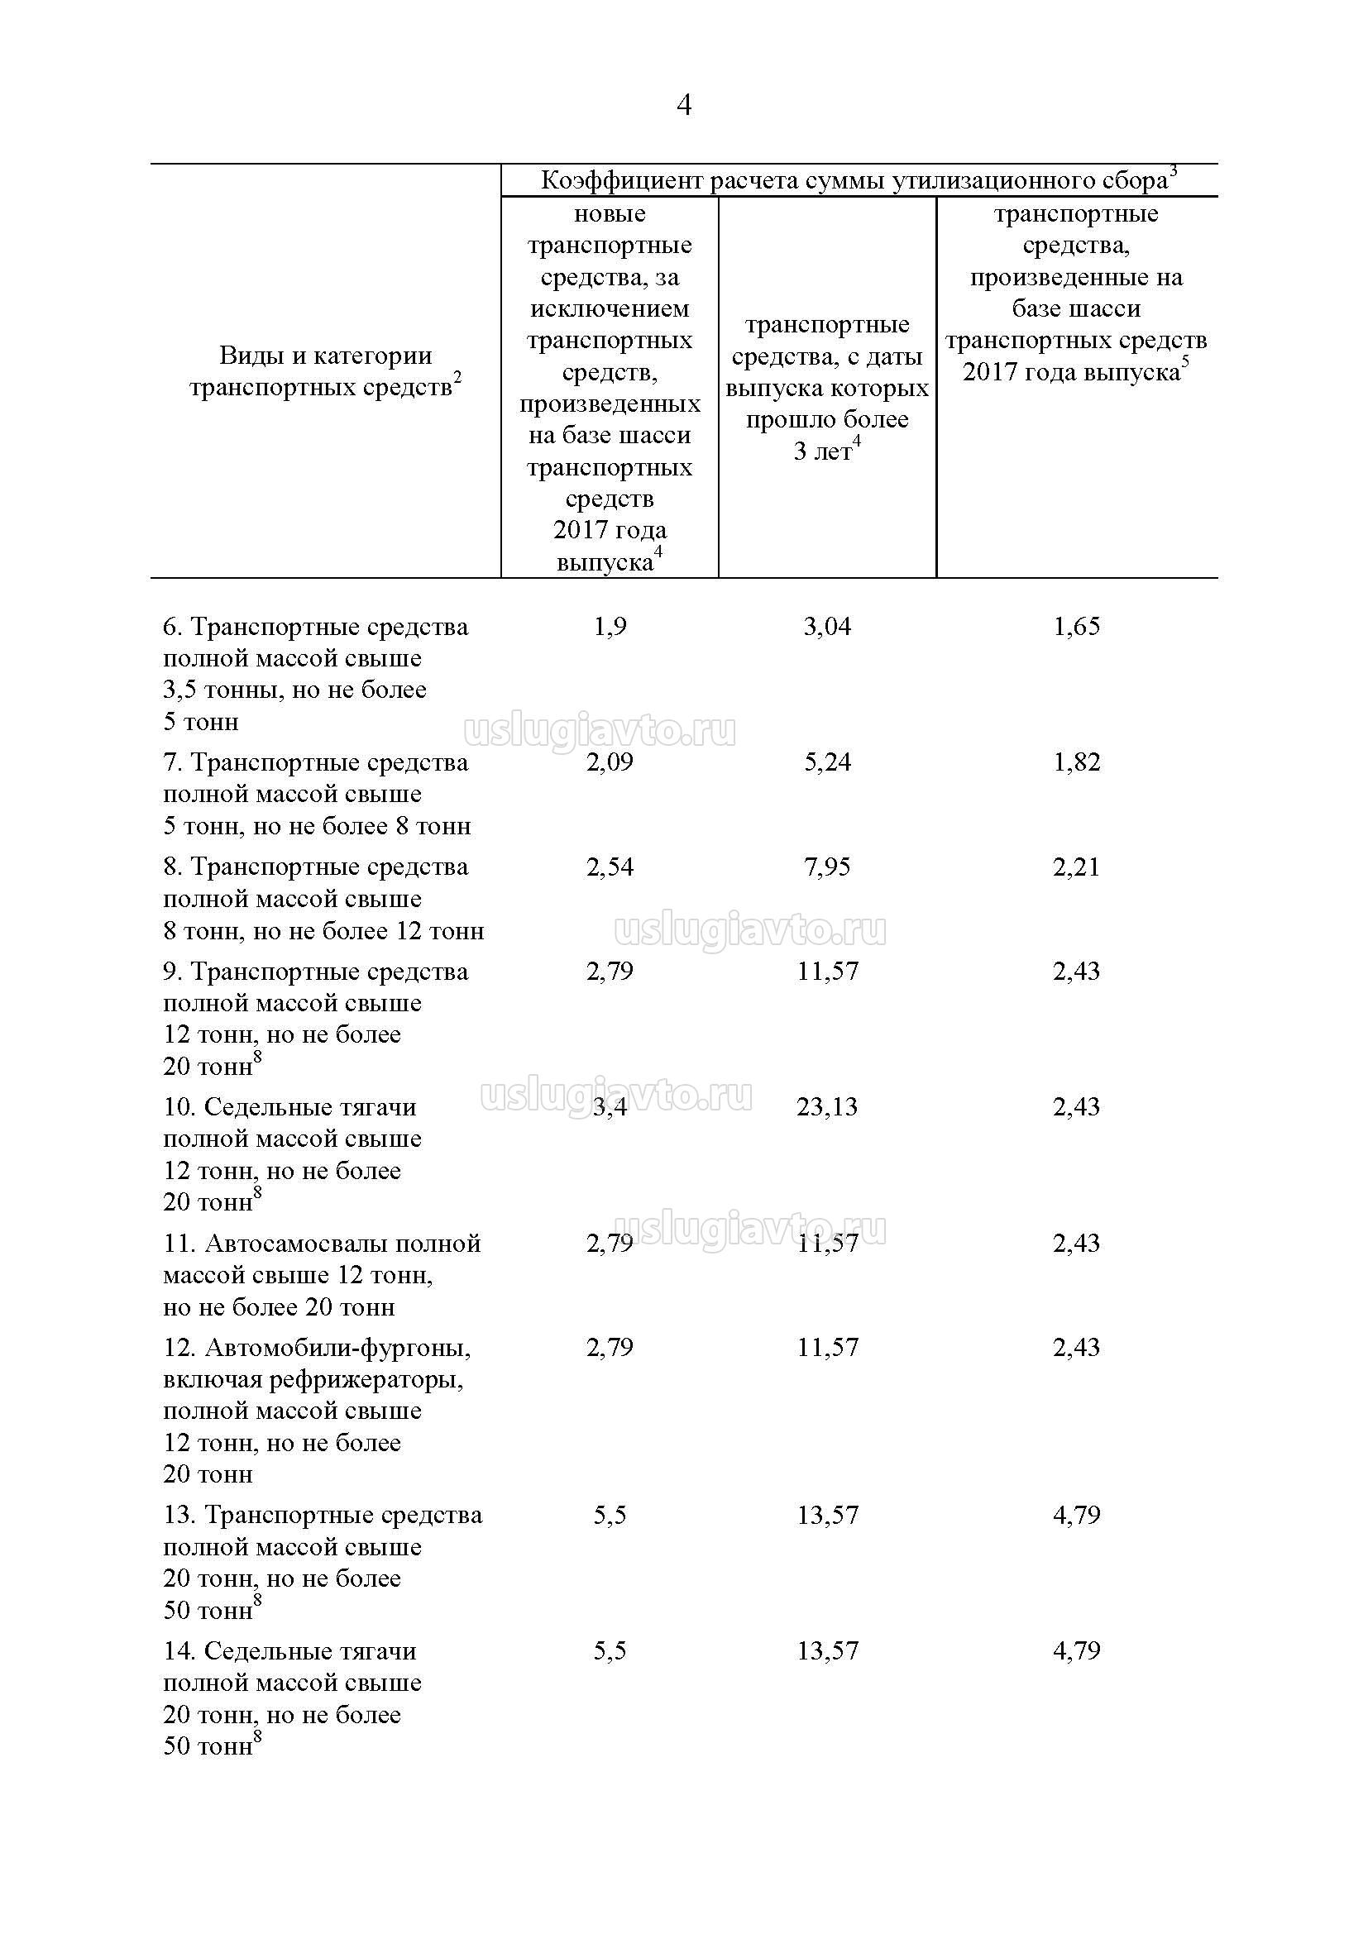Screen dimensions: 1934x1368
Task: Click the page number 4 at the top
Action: [x=684, y=105]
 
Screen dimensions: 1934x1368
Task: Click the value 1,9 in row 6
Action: [x=610, y=626]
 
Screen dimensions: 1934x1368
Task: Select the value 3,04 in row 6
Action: [x=827, y=626]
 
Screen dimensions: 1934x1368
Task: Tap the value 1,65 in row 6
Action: [x=1077, y=626]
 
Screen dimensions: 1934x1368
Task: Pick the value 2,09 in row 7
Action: [x=610, y=762]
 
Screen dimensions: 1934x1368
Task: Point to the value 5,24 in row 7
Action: [x=827, y=762]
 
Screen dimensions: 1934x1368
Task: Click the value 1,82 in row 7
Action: [x=1077, y=762]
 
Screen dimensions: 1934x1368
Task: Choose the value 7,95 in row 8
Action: [x=827, y=867]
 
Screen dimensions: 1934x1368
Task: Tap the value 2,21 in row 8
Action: [x=1077, y=867]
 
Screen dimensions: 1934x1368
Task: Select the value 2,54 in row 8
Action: [x=610, y=867]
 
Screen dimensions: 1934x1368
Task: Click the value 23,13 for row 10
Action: [x=827, y=1106]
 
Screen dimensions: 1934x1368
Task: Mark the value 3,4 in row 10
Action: [x=610, y=1106]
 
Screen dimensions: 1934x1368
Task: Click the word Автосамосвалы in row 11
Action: [x=297, y=1244]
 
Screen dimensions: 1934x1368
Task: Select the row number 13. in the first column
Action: [x=179, y=1516]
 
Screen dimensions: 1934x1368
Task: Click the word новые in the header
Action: [x=610, y=214]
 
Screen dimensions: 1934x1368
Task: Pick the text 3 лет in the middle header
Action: [x=823, y=451]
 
